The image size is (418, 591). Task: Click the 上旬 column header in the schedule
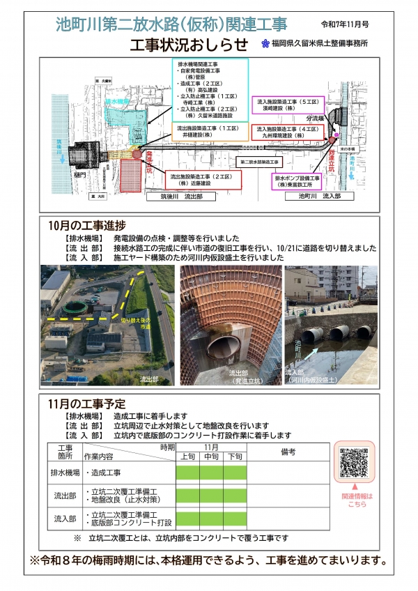click(x=187, y=456)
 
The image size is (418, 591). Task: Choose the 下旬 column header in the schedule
click(x=235, y=456)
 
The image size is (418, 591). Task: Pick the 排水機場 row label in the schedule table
click(x=65, y=473)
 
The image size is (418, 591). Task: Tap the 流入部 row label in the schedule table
click(x=65, y=518)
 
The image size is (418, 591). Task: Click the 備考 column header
click(x=288, y=452)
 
